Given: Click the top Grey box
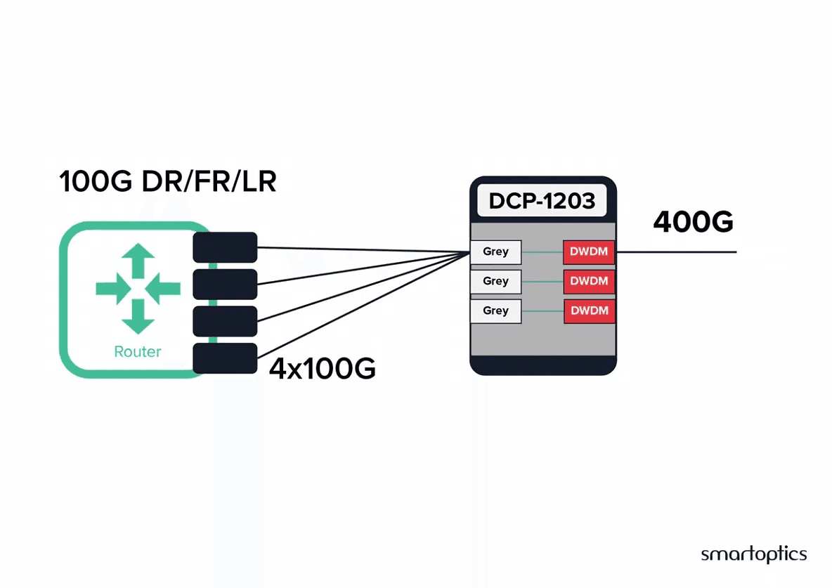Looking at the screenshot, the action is (x=495, y=252).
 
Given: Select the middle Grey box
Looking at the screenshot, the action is (x=495, y=281).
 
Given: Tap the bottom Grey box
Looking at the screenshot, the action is (x=495, y=311).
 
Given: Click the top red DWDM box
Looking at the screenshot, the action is (x=589, y=252).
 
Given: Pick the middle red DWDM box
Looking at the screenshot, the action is (x=589, y=281).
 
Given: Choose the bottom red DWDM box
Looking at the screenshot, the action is (x=589, y=311).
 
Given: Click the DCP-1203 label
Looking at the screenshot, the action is (x=542, y=201).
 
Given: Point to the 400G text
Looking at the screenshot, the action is (x=693, y=221).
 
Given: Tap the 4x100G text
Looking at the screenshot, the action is (x=322, y=368).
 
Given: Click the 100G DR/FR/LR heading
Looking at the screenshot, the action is (x=168, y=181).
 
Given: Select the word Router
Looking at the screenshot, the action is (x=138, y=351).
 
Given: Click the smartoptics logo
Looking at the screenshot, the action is (x=753, y=554).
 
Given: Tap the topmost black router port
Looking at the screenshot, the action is (x=225, y=247).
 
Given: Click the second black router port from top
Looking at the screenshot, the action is (x=225, y=285).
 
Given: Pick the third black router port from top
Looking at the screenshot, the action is (x=225, y=321).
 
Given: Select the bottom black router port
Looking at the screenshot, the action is (x=225, y=358).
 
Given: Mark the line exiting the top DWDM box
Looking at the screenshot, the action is (x=676, y=252).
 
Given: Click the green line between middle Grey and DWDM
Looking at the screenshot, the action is (x=542, y=281).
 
